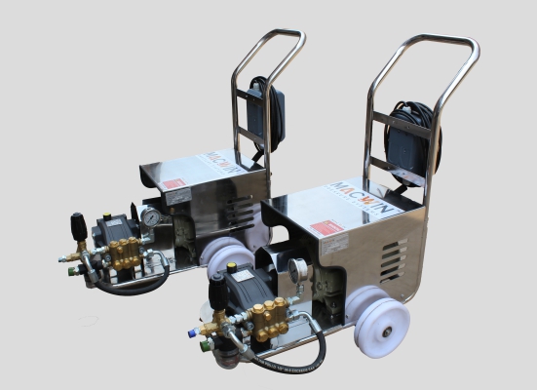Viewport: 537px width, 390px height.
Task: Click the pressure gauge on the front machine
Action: click(297, 269)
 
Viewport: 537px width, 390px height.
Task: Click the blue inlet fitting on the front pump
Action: click(191, 332)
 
